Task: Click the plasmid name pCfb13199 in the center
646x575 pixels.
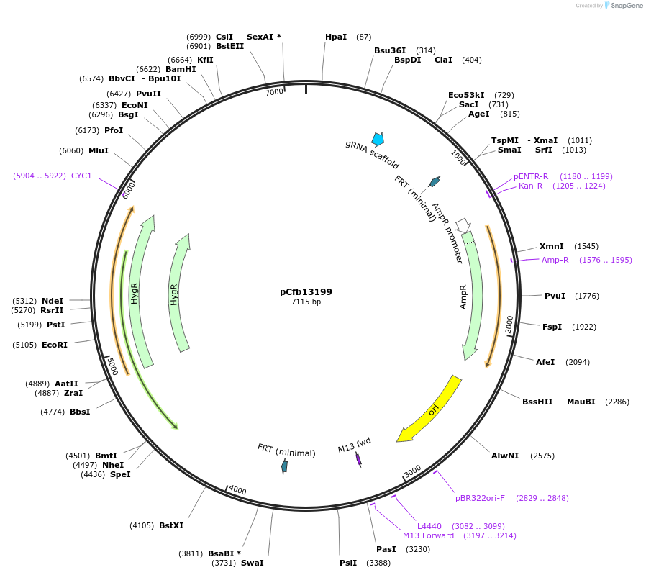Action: coord(306,292)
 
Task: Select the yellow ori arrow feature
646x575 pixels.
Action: coord(430,409)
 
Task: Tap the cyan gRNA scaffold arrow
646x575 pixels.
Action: coord(377,139)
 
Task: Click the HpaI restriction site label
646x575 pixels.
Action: coord(336,37)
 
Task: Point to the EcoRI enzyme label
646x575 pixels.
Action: coord(55,345)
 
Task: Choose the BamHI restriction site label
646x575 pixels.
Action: coord(181,69)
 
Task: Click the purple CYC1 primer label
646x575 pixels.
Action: coord(81,176)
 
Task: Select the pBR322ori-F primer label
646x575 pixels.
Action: coord(480,497)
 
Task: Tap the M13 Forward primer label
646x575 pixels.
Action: coord(428,535)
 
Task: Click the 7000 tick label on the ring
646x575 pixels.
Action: coord(274,92)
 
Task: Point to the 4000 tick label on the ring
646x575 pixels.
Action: coord(237,492)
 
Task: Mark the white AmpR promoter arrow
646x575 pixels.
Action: coord(463,225)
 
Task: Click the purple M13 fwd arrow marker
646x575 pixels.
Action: coord(358,459)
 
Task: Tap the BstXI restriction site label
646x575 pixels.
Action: coord(171,525)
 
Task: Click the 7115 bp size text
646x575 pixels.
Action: coord(306,302)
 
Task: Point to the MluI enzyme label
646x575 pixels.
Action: coord(99,150)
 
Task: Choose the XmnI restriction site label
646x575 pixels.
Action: coord(552,246)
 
